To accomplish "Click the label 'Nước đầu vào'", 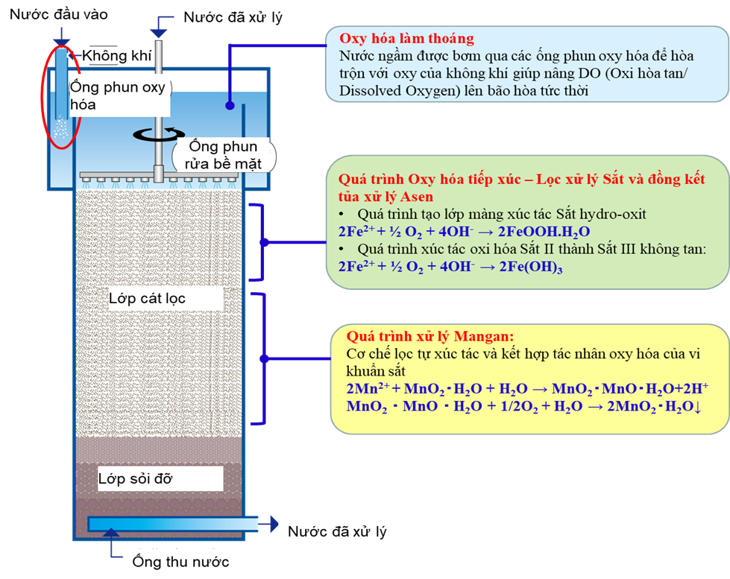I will (x=58, y=14).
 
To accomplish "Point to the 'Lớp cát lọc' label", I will (x=147, y=299).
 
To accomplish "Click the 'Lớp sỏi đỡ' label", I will (x=135, y=478).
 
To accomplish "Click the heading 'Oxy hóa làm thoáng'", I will (x=406, y=39).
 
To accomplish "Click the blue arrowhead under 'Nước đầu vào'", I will (x=62, y=43).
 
